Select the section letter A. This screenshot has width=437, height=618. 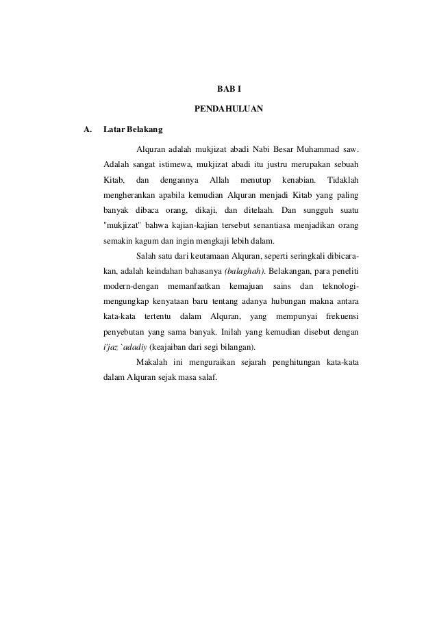click(87, 129)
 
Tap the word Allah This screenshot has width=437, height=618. click(218, 181)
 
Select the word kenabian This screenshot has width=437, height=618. click(299, 181)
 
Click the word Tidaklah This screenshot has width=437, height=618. click(345, 181)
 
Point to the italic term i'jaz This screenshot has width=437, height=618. click(110, 347)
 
